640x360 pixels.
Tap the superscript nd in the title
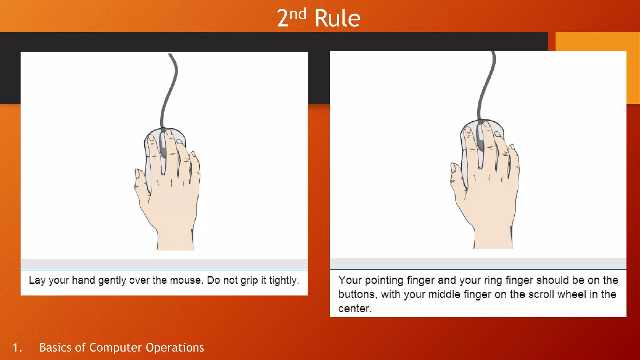pyautogui.click(x=298, y=14)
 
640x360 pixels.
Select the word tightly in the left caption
pyautogui.click(x=284, y=281)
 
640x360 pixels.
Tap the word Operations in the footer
pyautogui.click(x=175, y=348)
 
